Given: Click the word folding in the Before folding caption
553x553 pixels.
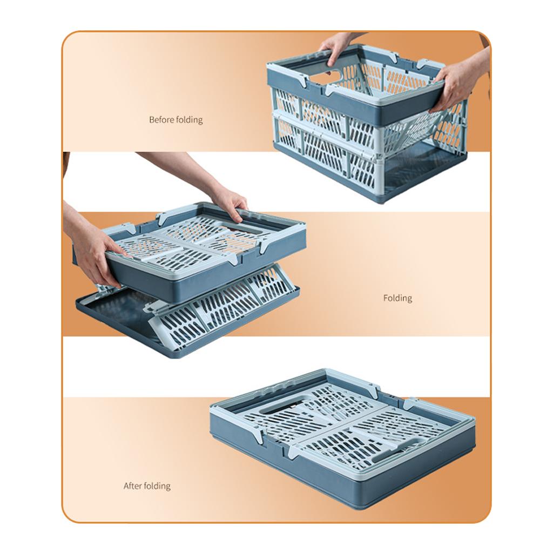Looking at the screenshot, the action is click(x=190, y=120).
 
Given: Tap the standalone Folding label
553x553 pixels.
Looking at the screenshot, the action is click(x=397, y=298).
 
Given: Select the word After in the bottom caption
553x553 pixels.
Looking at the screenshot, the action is click(x=133, y=485).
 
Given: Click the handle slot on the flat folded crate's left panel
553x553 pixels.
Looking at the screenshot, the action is click(x=279, y=413).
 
